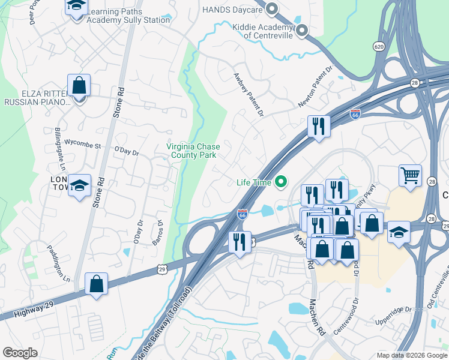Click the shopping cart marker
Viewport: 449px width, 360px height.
coord(410,176)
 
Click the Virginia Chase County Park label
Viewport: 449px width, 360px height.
coord(193,151)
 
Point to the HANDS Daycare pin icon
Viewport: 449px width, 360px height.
coord(272,9)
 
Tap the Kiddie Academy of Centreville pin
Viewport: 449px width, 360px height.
coord(301,30)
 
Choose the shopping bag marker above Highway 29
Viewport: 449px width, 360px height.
coord(96,283)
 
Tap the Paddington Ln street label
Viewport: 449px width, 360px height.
coord(60,264)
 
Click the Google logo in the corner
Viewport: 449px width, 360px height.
coord(20,353)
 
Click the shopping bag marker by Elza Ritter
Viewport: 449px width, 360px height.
coord(79,85)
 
